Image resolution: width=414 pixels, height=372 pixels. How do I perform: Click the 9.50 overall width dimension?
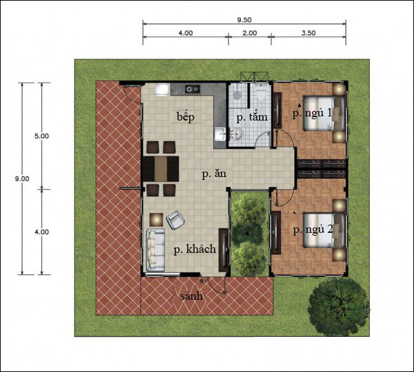pos(244,20)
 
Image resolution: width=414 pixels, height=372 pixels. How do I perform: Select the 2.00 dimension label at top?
pos(250,33)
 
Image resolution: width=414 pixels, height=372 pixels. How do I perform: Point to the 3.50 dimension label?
pos(308,33)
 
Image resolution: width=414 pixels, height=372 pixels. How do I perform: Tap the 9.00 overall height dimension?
pos(22,178)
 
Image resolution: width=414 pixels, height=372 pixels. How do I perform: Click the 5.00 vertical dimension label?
pos(41,136)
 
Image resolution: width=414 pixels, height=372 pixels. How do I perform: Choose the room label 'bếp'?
pos(186,117)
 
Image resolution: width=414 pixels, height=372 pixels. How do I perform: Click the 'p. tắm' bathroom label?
pos(252,117)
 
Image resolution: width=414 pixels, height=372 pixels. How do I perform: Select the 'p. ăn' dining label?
pos(214,174)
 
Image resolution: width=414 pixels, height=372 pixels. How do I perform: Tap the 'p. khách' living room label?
pos(195,249)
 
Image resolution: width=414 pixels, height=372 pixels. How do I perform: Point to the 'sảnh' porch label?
pos(192,296)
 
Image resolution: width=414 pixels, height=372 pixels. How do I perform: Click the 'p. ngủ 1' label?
pos(312,114)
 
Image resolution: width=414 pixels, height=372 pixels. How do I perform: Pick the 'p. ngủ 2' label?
pos(313,230)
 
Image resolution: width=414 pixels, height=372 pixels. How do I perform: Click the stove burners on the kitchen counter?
pos(193,89)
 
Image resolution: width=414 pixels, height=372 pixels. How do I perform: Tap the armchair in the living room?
pos(175,220)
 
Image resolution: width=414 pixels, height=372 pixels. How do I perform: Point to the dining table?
pos(161,169)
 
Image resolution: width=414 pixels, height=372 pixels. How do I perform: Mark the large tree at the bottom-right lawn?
pos(339,306)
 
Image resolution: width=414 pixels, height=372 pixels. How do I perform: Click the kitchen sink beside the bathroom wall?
pos(220,134)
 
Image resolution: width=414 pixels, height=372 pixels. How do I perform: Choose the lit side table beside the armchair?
pos(157,219)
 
